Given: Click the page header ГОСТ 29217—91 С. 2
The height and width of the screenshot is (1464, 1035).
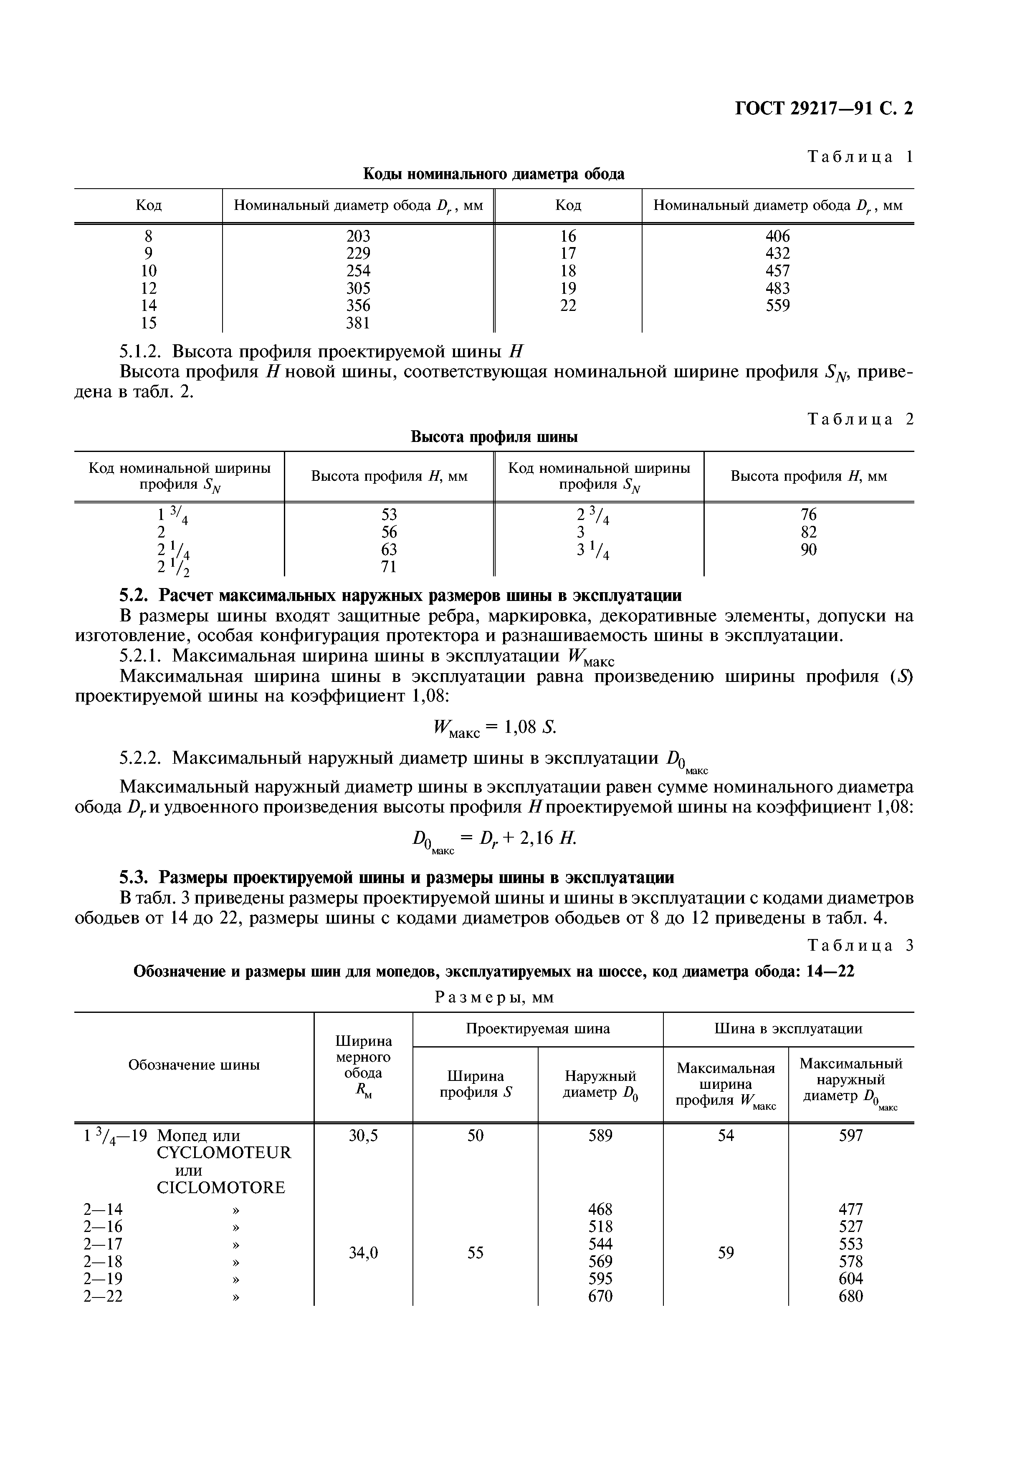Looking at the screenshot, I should (x=824, y=109).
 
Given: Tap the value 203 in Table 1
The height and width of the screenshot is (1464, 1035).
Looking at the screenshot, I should (x=358, y=236).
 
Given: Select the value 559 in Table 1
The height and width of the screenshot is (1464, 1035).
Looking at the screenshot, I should (x=777, y=306).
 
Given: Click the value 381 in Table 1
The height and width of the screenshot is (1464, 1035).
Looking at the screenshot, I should (x=358, y=323).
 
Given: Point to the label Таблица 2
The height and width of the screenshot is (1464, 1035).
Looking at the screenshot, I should (x=860, y=419).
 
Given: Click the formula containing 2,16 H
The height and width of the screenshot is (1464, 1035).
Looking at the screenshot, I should (x=494, y=839).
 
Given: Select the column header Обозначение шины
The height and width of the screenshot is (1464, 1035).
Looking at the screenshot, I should (x=194, y=1065).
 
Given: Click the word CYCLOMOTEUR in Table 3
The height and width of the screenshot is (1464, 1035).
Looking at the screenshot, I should (x=223, y=1153).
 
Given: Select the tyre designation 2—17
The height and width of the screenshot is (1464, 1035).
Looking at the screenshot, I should (x=103, y=1244).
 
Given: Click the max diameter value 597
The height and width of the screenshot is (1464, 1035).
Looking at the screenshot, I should (x=851, y=1135).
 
